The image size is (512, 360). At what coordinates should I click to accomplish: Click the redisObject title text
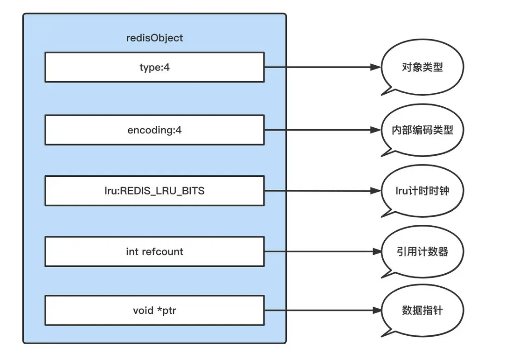(x=154, y=38)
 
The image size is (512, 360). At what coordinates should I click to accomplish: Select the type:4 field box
(x=154, y=68)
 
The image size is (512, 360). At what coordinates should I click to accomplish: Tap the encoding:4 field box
(x=154, y=130)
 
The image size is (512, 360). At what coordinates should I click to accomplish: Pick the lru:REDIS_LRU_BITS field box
(x=154, y=191)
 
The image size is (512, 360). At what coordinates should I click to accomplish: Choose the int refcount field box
(x=154, y=252)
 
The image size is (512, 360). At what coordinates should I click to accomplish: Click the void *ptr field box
(x=154, y=310)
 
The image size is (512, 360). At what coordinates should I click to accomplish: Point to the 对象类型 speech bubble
(x=422, y=68)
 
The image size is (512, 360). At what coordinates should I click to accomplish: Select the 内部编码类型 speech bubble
(x=422, y=130)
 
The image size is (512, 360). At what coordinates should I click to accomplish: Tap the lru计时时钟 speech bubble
(x=422, y=191)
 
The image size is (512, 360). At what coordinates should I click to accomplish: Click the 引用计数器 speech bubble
(x=422, y=252)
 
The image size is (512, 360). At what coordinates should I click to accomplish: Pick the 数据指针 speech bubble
(x=422, y=310)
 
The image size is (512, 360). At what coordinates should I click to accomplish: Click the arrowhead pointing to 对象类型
(x=376, y=68)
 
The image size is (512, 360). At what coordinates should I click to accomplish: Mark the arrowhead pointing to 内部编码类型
(x=376, y=130)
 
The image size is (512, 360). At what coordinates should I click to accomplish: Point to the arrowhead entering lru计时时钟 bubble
(x=376, y=191)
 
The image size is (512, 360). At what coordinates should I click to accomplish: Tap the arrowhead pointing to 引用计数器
(x=376, y=252)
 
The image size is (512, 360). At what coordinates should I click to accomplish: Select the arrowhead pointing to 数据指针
(x=376, y=310)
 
